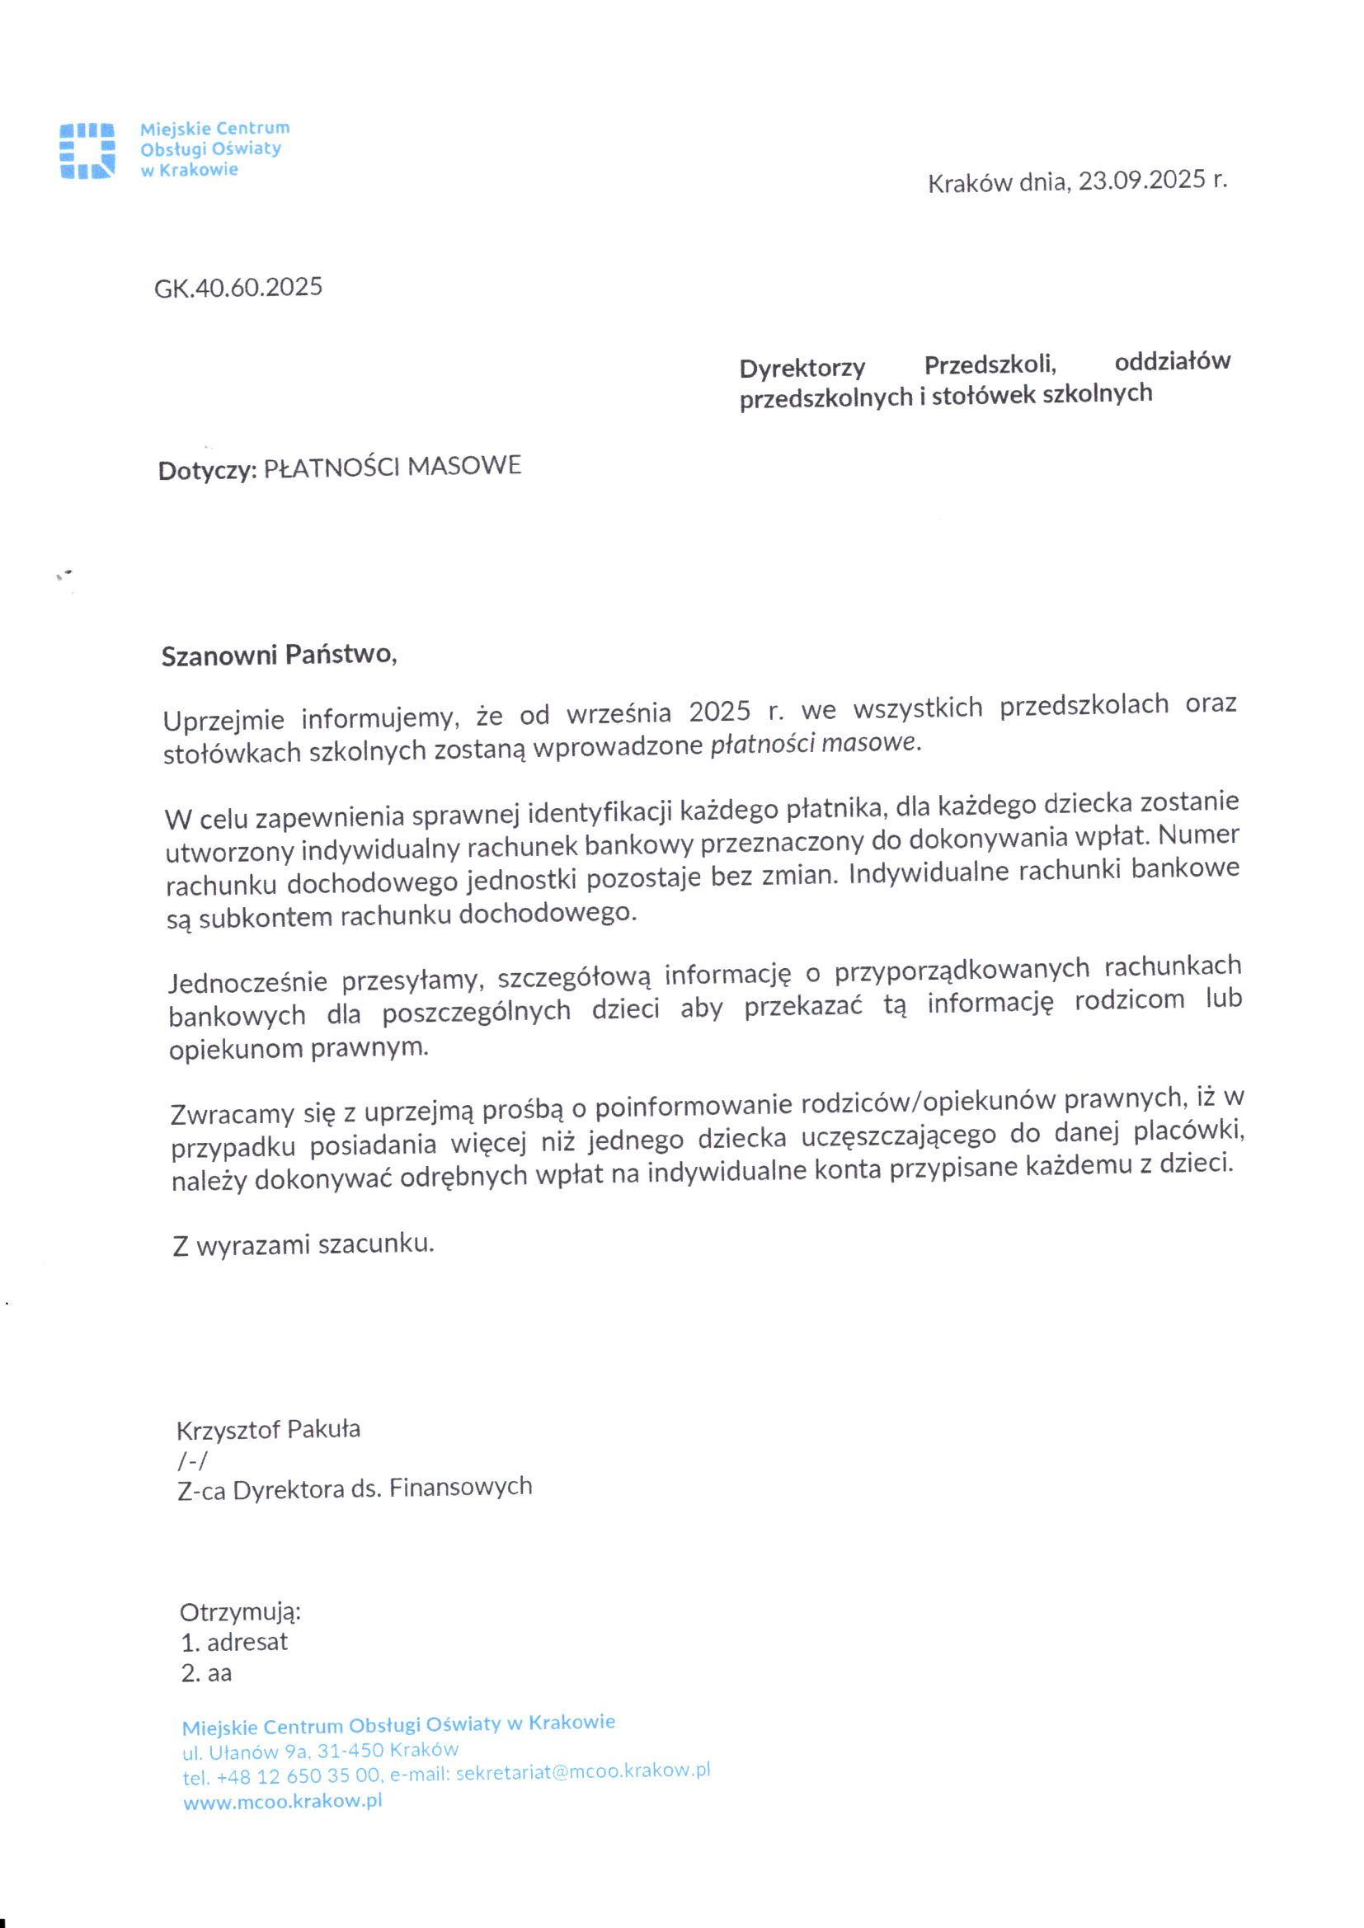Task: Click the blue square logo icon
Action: tap(87, 150)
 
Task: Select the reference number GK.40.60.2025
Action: tap(238, 288)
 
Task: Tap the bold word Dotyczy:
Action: tap(207, 470)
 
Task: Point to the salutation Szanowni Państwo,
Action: tap(278, 655)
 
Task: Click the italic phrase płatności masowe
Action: tap(815, 743)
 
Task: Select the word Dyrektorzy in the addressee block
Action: tap(802, 368)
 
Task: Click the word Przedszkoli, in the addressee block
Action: tap(990, 364)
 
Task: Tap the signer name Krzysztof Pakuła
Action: tap(268, 1429)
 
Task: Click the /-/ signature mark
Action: tap(192, 1461)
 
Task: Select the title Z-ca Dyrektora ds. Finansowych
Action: tap(355, 1488)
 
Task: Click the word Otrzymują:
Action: tap(240, 1612)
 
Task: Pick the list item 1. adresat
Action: tap(234, 1643)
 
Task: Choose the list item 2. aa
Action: tap(207, 1673)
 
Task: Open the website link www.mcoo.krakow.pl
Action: tap(282, 1801)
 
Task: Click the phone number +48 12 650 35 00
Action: tap(299, 1777)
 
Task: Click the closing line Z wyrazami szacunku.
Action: tap(303, 1244)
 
